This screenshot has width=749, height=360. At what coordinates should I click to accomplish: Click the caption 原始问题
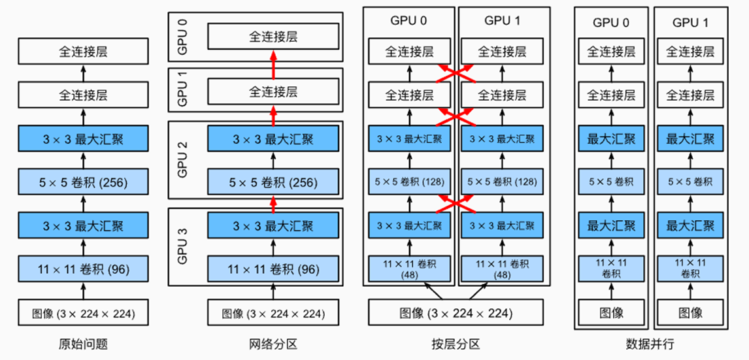pos(83,344)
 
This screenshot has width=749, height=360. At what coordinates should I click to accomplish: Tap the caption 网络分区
pos(273,344)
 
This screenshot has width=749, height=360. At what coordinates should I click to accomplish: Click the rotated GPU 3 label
pos(183,247)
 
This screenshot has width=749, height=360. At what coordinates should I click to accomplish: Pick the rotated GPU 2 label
pos(183,160)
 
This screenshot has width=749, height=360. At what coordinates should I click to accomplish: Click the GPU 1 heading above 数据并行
pos(690,22)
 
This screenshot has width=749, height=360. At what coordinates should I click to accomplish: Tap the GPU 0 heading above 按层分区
pos(409,20)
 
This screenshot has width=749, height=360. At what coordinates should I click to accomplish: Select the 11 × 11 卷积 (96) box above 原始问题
pos(83,269)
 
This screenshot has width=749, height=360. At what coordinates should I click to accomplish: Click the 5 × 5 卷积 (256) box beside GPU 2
pos(273,182)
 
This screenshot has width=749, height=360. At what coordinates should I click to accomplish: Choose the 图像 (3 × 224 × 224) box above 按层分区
pos(456,313)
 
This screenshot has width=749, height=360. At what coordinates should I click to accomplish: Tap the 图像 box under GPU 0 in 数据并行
pos(611,313)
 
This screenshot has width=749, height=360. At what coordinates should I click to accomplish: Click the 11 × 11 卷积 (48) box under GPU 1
pos(502,269)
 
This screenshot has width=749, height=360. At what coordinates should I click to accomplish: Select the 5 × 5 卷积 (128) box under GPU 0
pos(409,182)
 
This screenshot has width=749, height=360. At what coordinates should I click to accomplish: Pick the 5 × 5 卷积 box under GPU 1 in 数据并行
pos(690,182)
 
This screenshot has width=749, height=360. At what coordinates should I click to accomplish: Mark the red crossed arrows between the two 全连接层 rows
pos(456,73)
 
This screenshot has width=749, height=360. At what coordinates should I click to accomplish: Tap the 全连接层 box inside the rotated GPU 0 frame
pos(273,37)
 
